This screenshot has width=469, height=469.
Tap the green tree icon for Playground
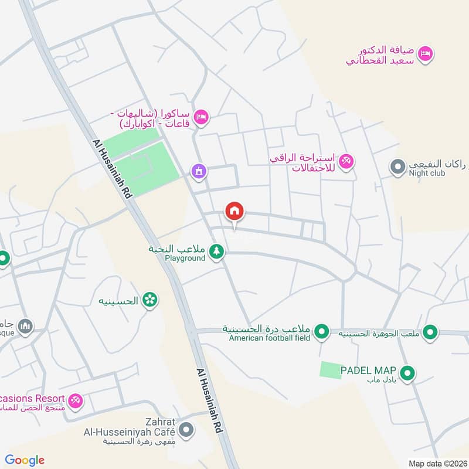[217, 252]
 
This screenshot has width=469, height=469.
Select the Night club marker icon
[398, 167]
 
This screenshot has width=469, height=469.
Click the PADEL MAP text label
[372, 371]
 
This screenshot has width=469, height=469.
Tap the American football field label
[269, 338]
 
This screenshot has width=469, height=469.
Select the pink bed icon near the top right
[427, 53]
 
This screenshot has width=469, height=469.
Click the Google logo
[25, 460]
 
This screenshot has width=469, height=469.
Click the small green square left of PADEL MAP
[331, 370]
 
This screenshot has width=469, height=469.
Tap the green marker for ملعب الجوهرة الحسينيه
[430, 332]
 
